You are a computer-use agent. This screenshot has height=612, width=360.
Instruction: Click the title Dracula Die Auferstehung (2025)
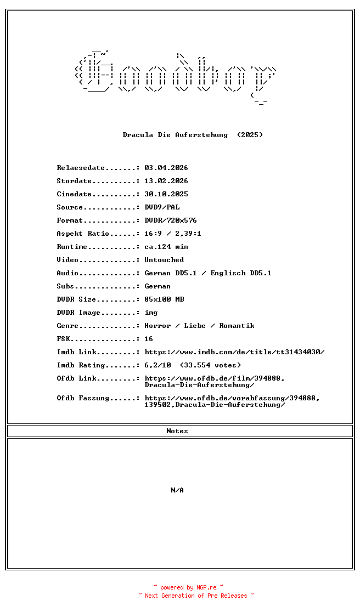[x=193, y=135]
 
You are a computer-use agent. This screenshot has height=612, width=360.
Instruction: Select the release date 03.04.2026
[x=166, y=168]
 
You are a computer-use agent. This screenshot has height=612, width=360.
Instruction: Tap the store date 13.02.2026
[x=166, y=181]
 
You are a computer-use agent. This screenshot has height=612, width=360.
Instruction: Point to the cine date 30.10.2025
[x=166, y=194]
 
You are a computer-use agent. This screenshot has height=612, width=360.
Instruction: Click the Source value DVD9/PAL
[x=162, y=207]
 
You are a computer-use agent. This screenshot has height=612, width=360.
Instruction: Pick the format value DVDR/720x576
[x=171, y=220]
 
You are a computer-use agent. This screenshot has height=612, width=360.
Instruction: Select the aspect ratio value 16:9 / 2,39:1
[x=173, y=234]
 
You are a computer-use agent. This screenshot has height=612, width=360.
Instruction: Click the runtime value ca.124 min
[x=166, y=247]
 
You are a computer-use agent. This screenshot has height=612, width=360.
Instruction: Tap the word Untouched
[x=164, y=260]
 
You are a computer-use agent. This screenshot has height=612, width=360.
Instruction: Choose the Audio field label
[x=67, y=273]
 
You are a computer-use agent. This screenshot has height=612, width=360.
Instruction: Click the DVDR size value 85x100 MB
[x=164, y=299]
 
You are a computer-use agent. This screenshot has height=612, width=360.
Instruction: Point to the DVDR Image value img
[x=151, y=313]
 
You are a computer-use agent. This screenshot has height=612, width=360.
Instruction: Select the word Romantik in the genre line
[x=237, y=326]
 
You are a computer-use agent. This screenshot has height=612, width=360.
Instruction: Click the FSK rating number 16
[x=149, y=339]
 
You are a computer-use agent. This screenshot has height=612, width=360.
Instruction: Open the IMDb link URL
[x=234, y=352]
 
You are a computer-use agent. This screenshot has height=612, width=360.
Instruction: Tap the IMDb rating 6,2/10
[x=157, y=365]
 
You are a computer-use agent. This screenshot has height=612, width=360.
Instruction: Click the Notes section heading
[x=177, y=431]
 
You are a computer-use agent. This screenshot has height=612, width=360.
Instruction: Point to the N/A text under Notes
[x=177, y=490]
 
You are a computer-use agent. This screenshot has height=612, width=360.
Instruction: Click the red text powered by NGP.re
[x=189, y=587]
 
